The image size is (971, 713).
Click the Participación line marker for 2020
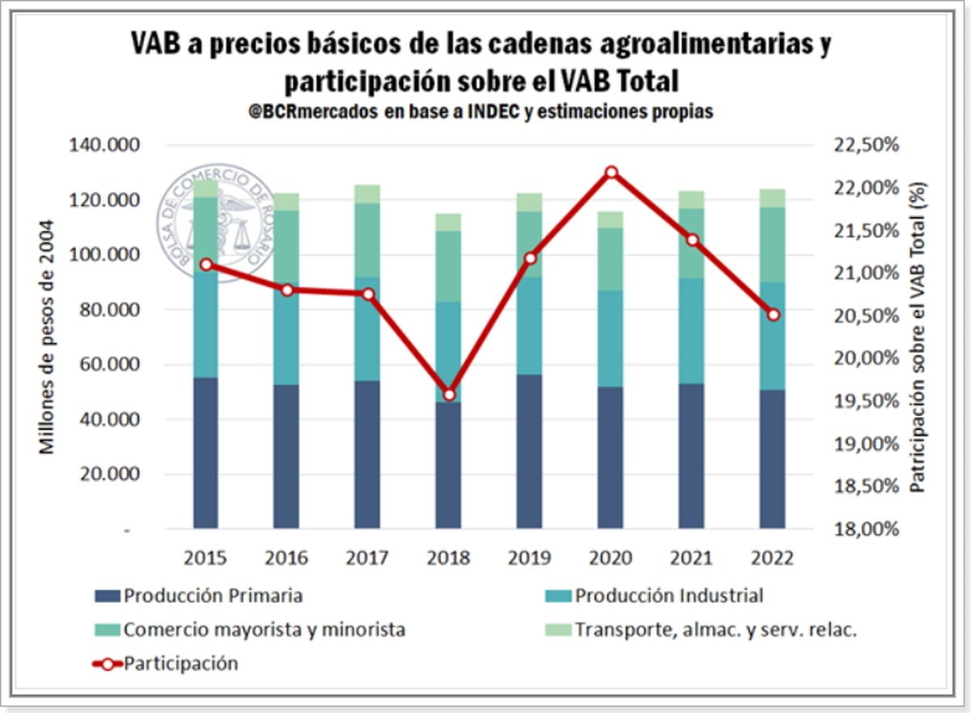pyautogui.click(x=612, y=172)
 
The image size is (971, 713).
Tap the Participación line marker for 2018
pyautogui.click(x=450, y=394)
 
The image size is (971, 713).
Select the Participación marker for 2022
pyautogui.click(x=774, y=315)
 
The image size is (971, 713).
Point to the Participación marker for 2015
pyautogui.click(x=206, y=265)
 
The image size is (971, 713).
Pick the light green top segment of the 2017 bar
pyautogui.click(x=368, y=193)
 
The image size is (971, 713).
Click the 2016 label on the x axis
pyautogui.click(x=286, y=558)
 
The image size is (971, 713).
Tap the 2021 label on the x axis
pyautogui.click(x=691, y=558)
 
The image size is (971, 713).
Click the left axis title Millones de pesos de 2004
pyautogui.click(x=48, y=337)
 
